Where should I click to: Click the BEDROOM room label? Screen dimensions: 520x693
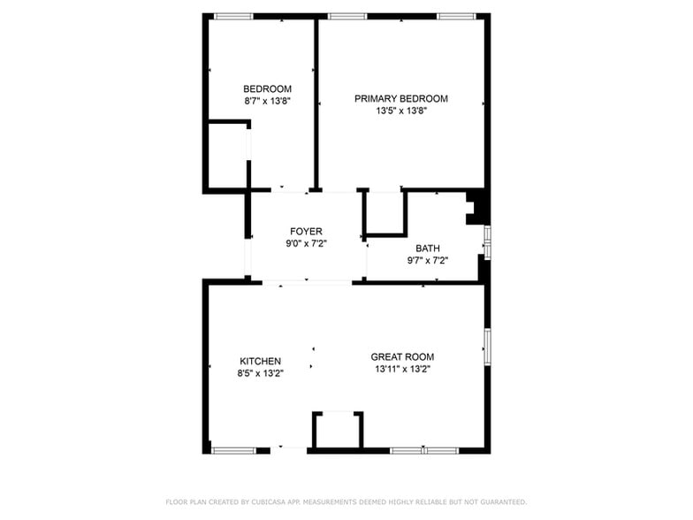[267, 88]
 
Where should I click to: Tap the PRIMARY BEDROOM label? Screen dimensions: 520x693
[400, 98]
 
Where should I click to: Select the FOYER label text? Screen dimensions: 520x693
[306, 232]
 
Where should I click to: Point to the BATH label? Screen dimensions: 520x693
[427, 249]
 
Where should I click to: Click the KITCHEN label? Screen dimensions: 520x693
[260, 361]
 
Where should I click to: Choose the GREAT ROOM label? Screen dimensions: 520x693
[402, 356]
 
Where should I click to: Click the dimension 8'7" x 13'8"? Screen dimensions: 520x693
[267, 101]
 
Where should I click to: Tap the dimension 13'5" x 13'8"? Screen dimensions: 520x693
[400, 111]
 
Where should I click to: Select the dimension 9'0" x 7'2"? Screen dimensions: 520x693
[306, 243]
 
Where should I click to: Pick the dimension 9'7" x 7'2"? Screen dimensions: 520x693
[427, 260]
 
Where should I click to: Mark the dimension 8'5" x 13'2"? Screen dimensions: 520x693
[260, 373]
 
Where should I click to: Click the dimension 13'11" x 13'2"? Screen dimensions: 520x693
[402, 369]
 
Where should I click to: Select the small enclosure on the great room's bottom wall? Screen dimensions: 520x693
[338, 431]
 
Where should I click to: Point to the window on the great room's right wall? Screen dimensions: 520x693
[486, 347]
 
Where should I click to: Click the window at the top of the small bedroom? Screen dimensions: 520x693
[233, 16]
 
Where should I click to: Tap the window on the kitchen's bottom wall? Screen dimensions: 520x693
[233, 450]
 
